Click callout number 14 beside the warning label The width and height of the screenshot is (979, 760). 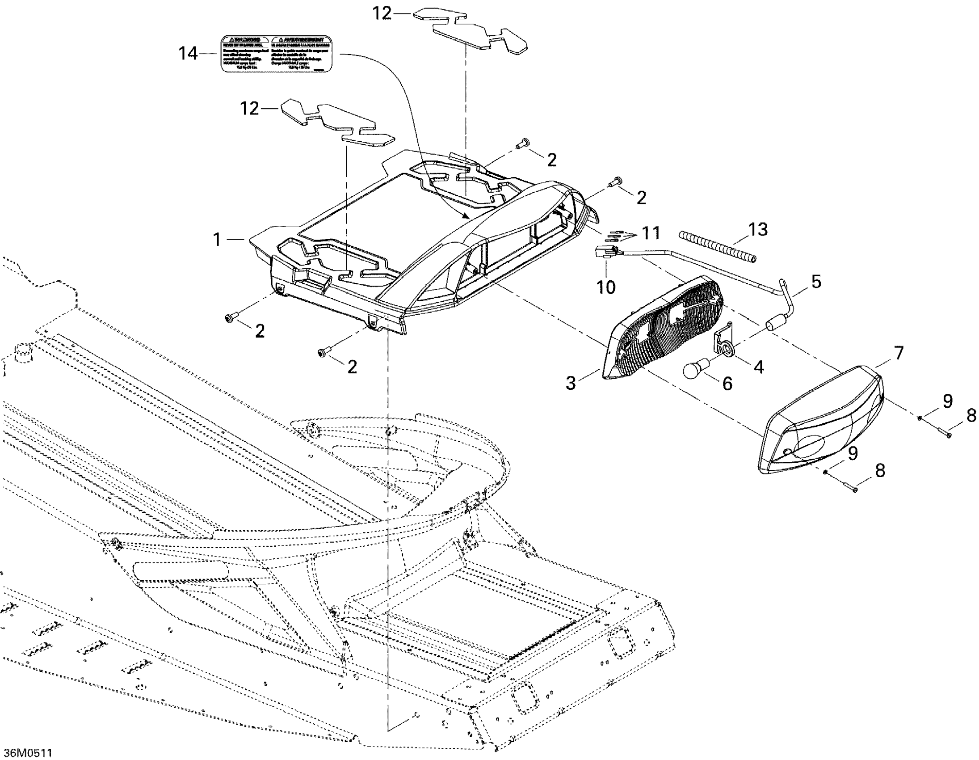[188, 54]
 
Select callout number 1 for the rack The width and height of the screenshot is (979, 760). [218, 240]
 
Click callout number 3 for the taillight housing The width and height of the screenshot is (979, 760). [571, 384]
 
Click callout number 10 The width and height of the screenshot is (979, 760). [606, 287]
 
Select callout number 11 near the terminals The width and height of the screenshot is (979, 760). [651, 233]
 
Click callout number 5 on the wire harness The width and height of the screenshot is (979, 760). [816, 282]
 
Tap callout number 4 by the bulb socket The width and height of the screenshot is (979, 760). [758, 367]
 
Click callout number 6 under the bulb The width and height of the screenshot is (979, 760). [727, 384]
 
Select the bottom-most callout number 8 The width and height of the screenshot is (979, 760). [880, 470]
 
